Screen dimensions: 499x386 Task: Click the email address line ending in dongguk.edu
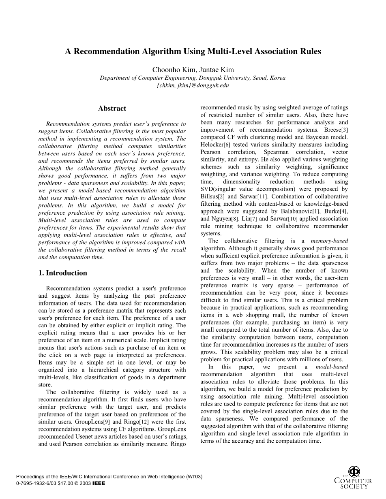click(x=193, y=85)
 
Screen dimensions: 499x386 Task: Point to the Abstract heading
click(x=112, y=109)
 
